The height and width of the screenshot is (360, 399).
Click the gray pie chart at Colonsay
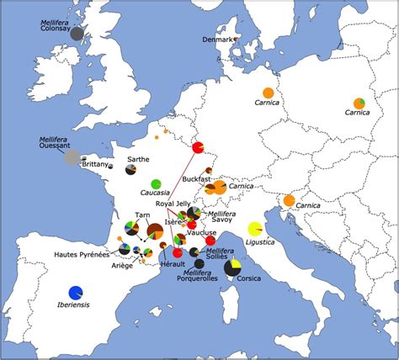(77, 34)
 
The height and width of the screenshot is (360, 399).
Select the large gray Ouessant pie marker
(73, 156)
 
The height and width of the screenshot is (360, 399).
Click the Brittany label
(96, 165)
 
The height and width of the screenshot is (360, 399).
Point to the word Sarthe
(138, 158)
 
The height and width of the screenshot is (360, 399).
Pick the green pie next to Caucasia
(156, 184)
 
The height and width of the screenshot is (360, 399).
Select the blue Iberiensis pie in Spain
(76, 292)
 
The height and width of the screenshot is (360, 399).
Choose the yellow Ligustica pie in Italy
(255, 228)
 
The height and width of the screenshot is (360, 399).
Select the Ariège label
(123, 265)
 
